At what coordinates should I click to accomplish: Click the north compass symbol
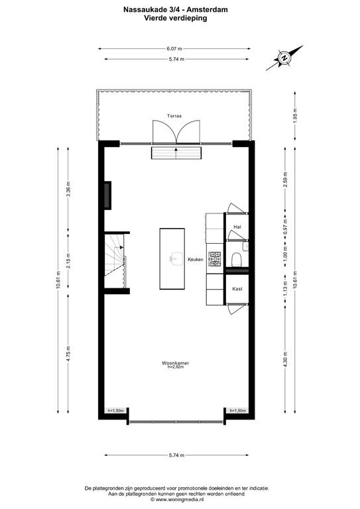(284, 58)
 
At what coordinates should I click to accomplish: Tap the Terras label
(174, 116)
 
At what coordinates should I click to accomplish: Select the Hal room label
(237, 227)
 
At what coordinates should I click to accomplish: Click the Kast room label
(237, 288)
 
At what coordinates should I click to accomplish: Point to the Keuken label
(196, 259)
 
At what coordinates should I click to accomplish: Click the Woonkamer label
(175, 363)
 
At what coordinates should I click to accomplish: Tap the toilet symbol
(237, 259)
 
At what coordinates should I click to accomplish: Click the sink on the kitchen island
(176, 258)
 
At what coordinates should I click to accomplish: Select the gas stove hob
(215, 259)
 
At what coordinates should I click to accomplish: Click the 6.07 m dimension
(174, 48)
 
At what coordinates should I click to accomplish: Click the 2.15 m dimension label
(68, 260)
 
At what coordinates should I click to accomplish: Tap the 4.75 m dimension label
(68, 354)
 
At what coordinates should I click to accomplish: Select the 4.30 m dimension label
(285, 360)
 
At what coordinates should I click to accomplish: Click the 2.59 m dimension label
(285, 180)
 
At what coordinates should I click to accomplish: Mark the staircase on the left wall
(115, 260)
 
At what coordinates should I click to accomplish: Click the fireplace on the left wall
(107, 195)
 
